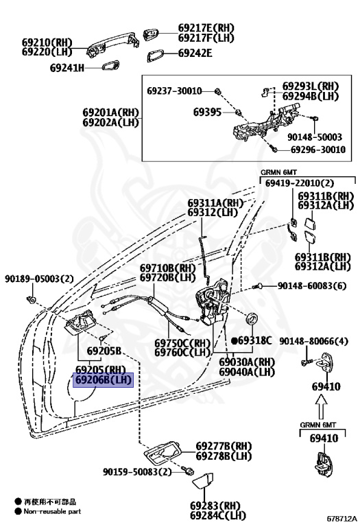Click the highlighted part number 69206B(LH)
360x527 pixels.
click(x=103, y=379)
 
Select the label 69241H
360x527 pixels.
click(x=67, y=67)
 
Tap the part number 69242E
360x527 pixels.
click(x=195, y=53)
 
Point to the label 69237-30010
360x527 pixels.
click(x=174, y=91)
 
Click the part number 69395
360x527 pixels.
click(x=207, y=110)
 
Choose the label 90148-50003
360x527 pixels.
click(x=314, y=137)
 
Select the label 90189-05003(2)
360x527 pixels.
click(x=39, y=279)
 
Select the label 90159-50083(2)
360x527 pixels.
click(x=137, y=472)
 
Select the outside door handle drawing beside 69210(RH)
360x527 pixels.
click(x=110, y=45)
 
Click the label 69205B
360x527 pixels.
click(x=104, y=351)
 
